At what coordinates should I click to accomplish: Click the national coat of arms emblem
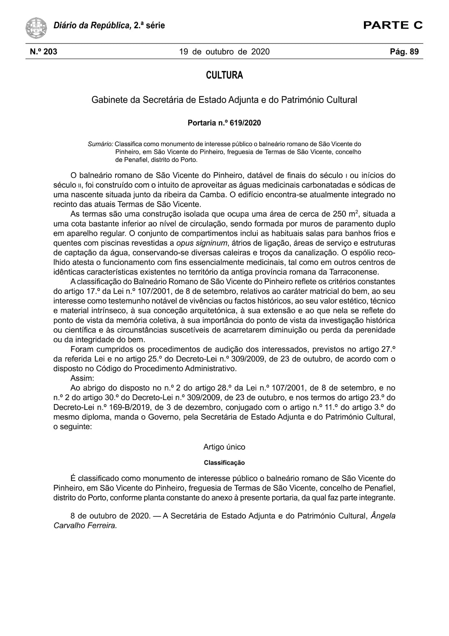36,28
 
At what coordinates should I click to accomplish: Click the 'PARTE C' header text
393,25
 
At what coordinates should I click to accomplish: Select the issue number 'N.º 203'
43,51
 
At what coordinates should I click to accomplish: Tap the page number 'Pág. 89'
404,51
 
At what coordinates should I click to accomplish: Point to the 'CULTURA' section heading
224,75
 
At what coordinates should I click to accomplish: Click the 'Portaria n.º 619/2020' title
224,123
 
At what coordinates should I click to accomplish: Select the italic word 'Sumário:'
101,144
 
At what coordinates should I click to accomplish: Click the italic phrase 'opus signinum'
202,243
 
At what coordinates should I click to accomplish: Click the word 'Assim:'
82,378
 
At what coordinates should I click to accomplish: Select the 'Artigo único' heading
224,447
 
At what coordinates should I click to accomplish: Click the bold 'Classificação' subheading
224,463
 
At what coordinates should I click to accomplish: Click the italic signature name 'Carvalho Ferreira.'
85,525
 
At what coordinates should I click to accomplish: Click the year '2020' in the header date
260,51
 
